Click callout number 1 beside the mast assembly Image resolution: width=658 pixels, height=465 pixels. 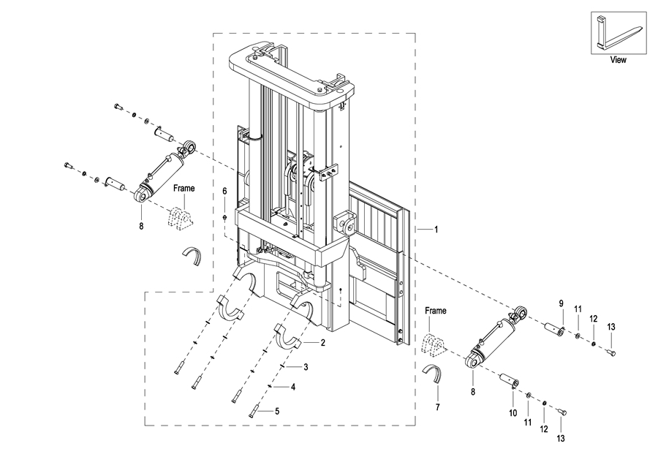point(436,230)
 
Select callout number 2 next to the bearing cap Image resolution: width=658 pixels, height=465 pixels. point(322,343)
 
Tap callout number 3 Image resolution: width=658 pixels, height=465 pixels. point(306,367)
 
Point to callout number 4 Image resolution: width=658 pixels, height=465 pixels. point(293,387)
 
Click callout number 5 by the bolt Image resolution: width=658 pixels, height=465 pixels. point(277,412)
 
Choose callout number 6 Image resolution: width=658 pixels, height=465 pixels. point(224,192)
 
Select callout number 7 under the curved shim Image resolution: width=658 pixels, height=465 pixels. point(438,407)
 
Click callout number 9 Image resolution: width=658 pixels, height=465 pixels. point(561,303)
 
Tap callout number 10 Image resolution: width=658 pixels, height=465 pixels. point(513,413)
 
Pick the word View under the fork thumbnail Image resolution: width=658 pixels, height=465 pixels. point(618,60)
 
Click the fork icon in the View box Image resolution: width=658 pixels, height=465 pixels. point(619,33)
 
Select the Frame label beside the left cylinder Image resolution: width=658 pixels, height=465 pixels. point(184,189)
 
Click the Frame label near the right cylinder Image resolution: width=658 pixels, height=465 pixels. point(436,311)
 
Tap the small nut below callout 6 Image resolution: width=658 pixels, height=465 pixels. point(224,217)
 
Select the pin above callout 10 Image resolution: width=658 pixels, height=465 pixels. point(509,379)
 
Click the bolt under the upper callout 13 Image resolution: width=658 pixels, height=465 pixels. point(610,353)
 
